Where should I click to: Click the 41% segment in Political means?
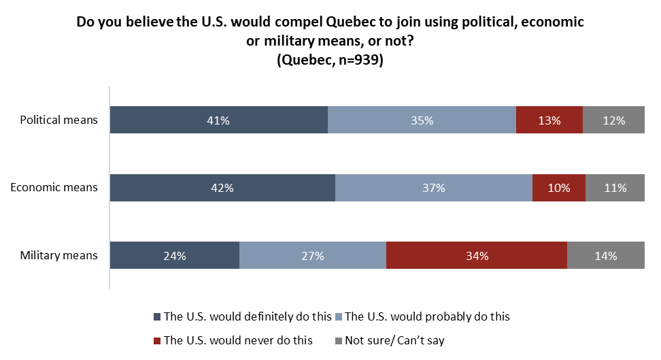218,120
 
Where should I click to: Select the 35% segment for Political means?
422,120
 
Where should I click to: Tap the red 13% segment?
549,120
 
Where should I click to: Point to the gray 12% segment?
613,120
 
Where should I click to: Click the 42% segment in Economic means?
222,188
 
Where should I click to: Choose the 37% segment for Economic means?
433,188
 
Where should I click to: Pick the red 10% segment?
558,188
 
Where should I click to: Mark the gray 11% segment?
615,188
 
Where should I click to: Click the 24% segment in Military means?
174,256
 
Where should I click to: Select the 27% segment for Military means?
312,256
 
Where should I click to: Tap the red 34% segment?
476,256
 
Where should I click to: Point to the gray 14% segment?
605,256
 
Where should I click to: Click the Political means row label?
59,120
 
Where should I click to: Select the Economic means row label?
54,188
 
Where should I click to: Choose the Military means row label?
59,256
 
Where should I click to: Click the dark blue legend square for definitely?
158,317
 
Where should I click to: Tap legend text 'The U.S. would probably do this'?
427,316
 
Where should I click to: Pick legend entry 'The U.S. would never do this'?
238,340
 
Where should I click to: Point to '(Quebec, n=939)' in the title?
330,60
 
